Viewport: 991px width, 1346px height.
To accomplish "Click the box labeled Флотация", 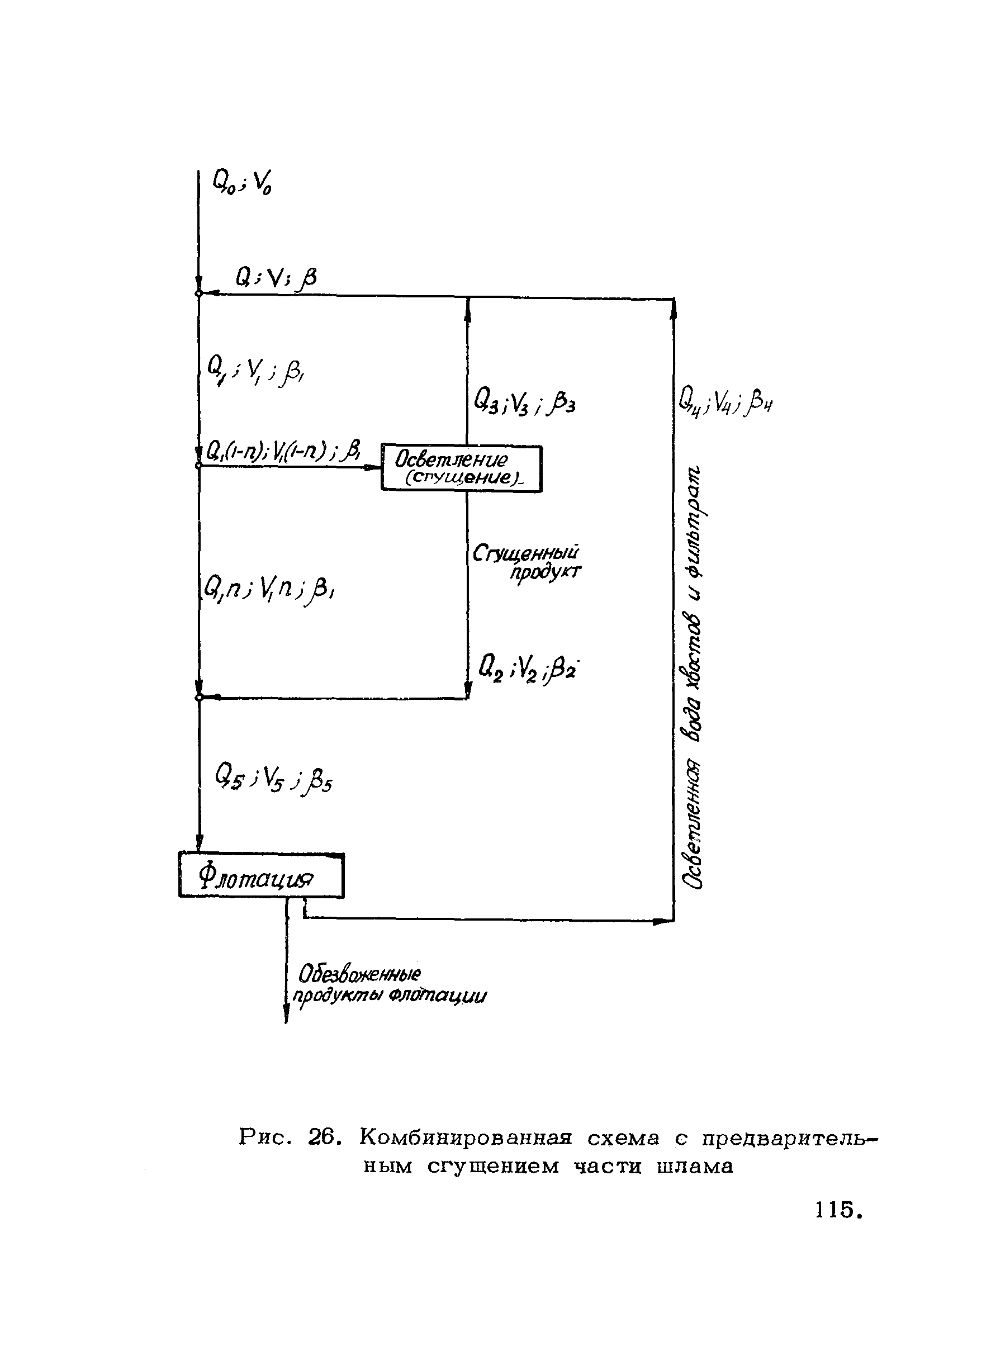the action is point(261,876).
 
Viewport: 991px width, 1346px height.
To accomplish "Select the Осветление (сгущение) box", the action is point(461,469).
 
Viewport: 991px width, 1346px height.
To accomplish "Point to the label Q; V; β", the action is point(276,278).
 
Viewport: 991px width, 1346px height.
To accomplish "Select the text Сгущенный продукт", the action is point(527,562).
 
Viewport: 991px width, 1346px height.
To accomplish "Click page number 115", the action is point(838,1210).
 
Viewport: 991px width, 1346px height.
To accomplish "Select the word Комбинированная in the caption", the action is point(466,1136).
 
